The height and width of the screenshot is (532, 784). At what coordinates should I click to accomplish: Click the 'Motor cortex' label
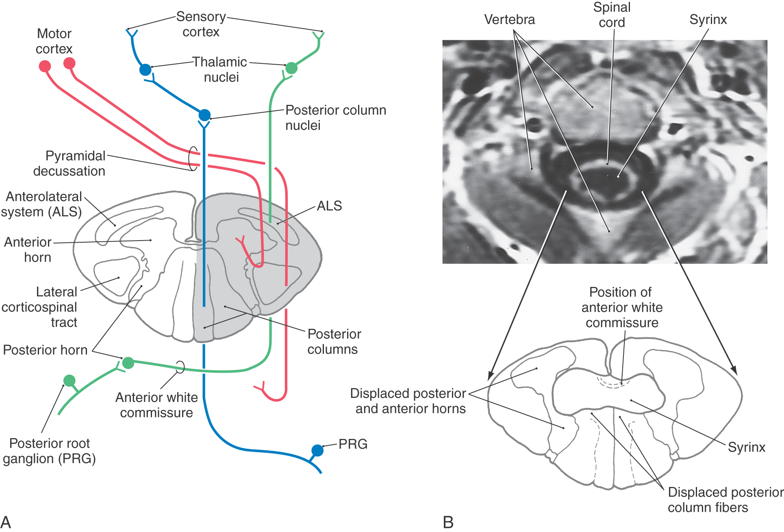coord(54,41)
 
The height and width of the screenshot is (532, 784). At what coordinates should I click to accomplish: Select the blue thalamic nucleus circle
coord(145,69)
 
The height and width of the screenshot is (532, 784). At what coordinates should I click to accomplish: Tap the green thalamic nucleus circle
coord(291,68)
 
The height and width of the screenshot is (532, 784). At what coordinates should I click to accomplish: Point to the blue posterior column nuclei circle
coord(204,115)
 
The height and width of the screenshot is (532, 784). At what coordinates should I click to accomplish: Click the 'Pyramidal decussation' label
coord(69,163)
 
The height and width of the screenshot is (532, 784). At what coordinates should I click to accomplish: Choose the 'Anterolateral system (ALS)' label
coord(42,204)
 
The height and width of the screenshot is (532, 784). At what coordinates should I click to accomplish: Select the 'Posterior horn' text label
coord(45,350)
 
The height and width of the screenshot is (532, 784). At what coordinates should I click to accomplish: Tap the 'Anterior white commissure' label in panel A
coord(156,405)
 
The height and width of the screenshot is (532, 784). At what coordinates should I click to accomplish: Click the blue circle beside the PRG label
coord(317,450)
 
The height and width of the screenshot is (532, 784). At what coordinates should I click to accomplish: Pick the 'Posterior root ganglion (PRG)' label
coord(49,451)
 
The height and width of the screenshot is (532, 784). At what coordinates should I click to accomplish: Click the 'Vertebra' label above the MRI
coord(509,20)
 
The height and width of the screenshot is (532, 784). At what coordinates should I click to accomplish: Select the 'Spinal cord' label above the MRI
coord(612,15)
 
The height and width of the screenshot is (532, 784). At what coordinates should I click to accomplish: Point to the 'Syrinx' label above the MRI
coord(708,20)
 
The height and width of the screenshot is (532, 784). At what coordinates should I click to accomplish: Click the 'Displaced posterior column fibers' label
coord(725,499)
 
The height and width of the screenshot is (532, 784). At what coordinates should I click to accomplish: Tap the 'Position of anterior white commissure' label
coord(621,307)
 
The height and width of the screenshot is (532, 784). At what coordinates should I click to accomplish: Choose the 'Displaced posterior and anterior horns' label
coord(408,401)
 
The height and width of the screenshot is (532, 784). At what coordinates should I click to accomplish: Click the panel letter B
coord(448,522)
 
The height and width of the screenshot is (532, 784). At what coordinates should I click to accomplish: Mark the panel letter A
coord(6,522)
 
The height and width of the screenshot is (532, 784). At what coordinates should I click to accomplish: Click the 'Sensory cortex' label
coord(201,24)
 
